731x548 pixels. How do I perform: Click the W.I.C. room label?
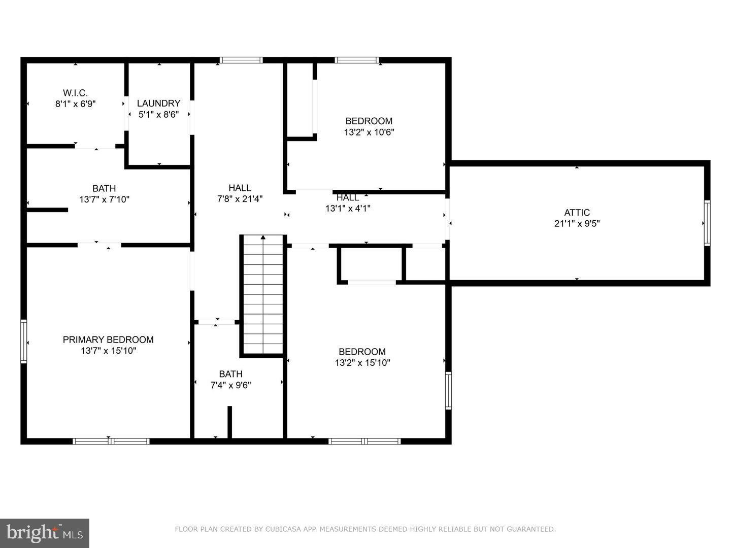(x=75, y=93)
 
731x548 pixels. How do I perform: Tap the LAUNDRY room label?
(x=158, y=103)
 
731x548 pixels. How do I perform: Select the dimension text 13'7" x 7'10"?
(x=104, y=199)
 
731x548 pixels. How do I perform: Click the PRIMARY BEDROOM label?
(x=108, y=339)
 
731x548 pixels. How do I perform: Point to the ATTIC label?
(x=577, y=213)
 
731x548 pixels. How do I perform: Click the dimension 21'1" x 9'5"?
(x=577, y=223)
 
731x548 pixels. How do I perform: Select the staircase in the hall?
(x=262, y=294)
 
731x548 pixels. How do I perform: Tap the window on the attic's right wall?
(x=707, y=223)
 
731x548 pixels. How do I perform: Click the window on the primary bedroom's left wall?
(x=23, y=341)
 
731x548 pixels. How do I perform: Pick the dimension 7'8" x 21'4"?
(x=240, y=199)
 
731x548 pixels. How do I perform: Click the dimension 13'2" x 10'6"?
(x=369, y=132)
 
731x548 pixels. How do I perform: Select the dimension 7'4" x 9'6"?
(x=230, y=385)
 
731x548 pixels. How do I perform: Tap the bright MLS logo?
(x=45, y=533)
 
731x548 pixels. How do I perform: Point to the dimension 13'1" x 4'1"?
(x=348, y=208)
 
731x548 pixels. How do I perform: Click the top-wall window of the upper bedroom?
(x=357, y=60)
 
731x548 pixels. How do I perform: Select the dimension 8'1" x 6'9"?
(x=75, y=104)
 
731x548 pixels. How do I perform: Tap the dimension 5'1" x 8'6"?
(x=158, y=115)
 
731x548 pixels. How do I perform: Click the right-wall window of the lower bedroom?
(x=448, y=391)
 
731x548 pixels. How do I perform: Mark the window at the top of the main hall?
(x=241, y=60)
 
